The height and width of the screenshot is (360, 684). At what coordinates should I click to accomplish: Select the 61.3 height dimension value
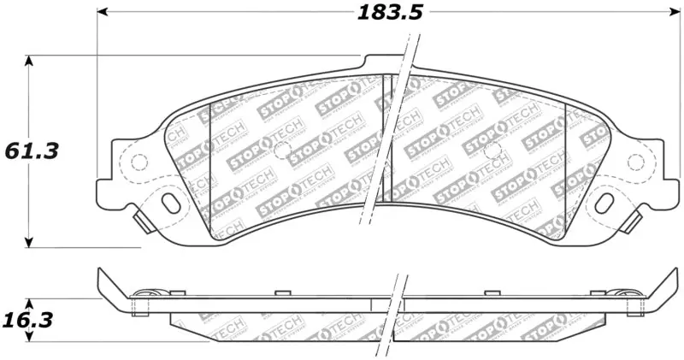click(32, 151)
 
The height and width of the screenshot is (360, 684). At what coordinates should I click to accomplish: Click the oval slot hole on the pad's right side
click(604, 203)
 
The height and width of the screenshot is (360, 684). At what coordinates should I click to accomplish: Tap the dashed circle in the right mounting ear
click(634, 162)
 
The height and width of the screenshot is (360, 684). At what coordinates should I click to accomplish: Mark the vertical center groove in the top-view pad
click(386, 137)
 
